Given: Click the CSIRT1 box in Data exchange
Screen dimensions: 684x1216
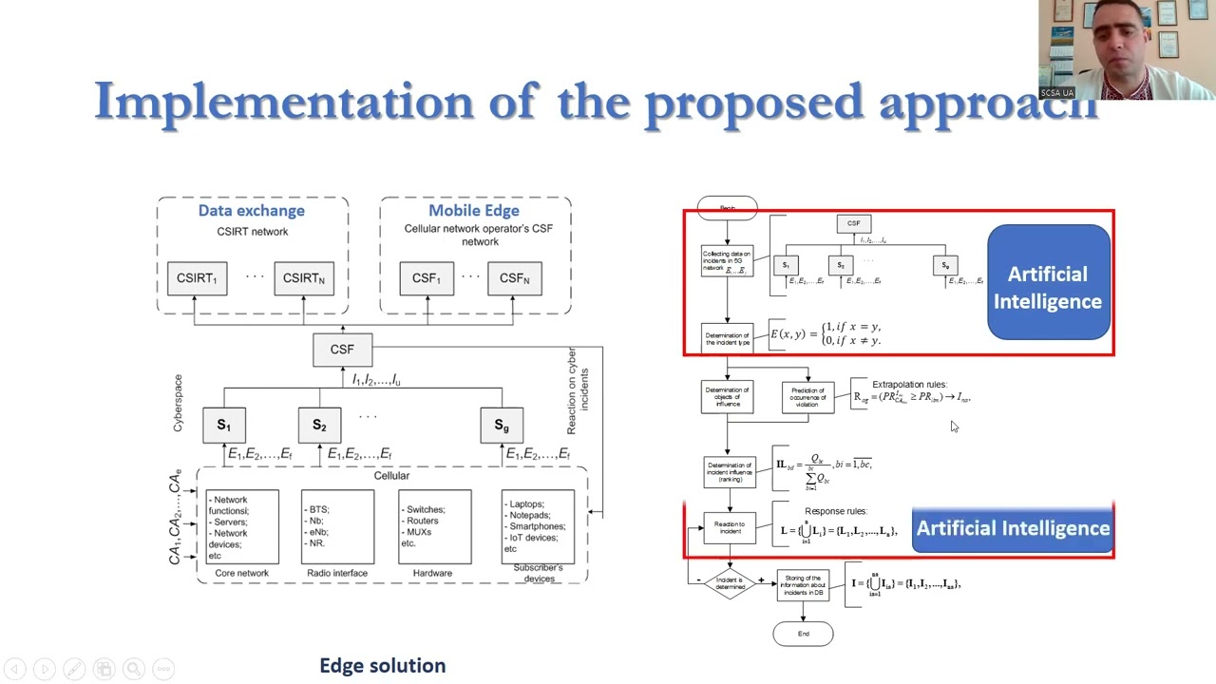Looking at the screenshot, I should [197, 278].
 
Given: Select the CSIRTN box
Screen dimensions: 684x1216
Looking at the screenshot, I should [303, 278].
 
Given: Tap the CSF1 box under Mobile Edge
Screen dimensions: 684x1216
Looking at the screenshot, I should [426, 278].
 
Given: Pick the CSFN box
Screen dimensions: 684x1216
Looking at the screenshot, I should [514, 278].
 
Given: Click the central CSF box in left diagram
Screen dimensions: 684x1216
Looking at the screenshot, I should [342, 350].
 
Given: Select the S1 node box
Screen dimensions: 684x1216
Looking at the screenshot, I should [224, 425].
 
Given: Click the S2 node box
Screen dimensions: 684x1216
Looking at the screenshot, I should [319, 425].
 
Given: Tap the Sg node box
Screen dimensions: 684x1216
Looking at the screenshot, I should [502, 425].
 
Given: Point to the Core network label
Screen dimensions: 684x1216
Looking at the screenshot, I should [241, 573].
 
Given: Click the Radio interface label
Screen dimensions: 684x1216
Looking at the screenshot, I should [337, 573].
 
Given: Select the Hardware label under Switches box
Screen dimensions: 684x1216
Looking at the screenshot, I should [432, 573].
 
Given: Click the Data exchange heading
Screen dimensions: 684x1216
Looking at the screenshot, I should [251, 211].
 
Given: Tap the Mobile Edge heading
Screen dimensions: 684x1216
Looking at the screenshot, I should [473, 211].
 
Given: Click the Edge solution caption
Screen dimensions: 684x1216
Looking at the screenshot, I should [382, 666].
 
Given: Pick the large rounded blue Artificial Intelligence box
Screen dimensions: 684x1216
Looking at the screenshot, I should [1048, 283].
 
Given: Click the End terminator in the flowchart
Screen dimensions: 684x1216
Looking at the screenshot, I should [804, 634].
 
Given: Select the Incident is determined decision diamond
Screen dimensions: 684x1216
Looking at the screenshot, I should [730, 582].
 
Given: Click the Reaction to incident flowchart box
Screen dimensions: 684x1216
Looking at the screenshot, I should [730, 528].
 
